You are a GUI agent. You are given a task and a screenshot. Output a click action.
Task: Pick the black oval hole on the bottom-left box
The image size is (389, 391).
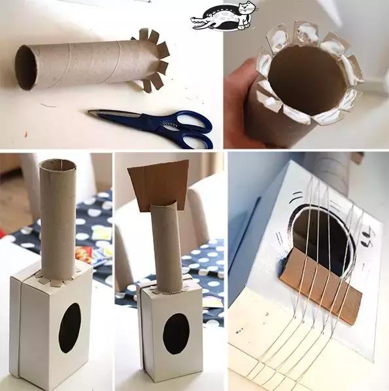70,327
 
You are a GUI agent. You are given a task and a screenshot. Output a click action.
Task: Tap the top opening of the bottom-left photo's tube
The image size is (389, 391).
58,164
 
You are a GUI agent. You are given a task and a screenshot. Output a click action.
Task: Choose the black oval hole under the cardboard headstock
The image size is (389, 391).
175,333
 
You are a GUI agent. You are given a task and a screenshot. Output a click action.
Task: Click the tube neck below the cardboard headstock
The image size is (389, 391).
167,246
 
